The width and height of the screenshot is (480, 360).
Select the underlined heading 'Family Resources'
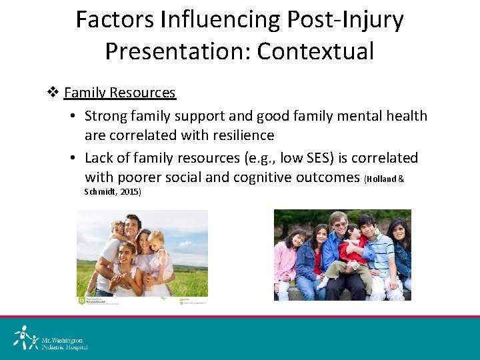click(x=120, y=93)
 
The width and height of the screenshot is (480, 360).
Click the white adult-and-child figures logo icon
click(x=23, y=338)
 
